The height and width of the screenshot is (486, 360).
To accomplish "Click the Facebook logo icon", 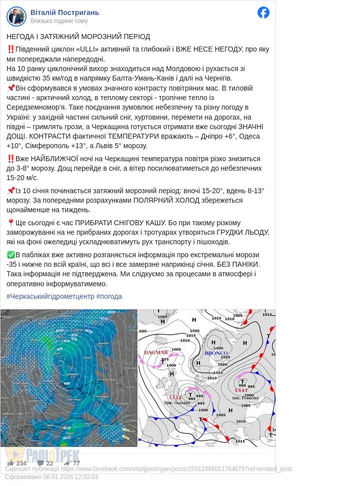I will coord(263,13).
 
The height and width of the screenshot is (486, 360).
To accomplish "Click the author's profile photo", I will coord(16,16).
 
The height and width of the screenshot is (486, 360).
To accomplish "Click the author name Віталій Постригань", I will coord(64,12).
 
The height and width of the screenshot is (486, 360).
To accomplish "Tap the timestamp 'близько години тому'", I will coord(58,21).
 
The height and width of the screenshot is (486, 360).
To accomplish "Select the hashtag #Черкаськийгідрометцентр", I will coord(50,296).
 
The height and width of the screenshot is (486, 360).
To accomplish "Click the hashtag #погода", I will coord(109,296).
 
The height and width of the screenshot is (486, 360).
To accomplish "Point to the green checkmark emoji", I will coord(10,255).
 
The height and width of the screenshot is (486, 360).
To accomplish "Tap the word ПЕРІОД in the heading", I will coord(135,37).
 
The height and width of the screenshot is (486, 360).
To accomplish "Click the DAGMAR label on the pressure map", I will coord(156,352).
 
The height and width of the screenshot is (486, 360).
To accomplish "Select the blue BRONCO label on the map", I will coord(216,353).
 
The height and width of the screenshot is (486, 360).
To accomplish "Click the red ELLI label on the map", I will coord(175,397).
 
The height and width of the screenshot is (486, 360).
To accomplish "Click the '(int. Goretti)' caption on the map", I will coord(175,402).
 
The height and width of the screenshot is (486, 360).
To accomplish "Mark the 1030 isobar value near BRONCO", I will coord(218,348).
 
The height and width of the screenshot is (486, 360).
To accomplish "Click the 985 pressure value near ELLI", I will coord(192,399).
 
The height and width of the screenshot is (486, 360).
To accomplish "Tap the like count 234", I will coord(21,463).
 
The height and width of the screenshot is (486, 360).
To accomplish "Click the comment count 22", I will coord(49,463).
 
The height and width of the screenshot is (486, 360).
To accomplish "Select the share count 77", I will coord(76,463).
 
